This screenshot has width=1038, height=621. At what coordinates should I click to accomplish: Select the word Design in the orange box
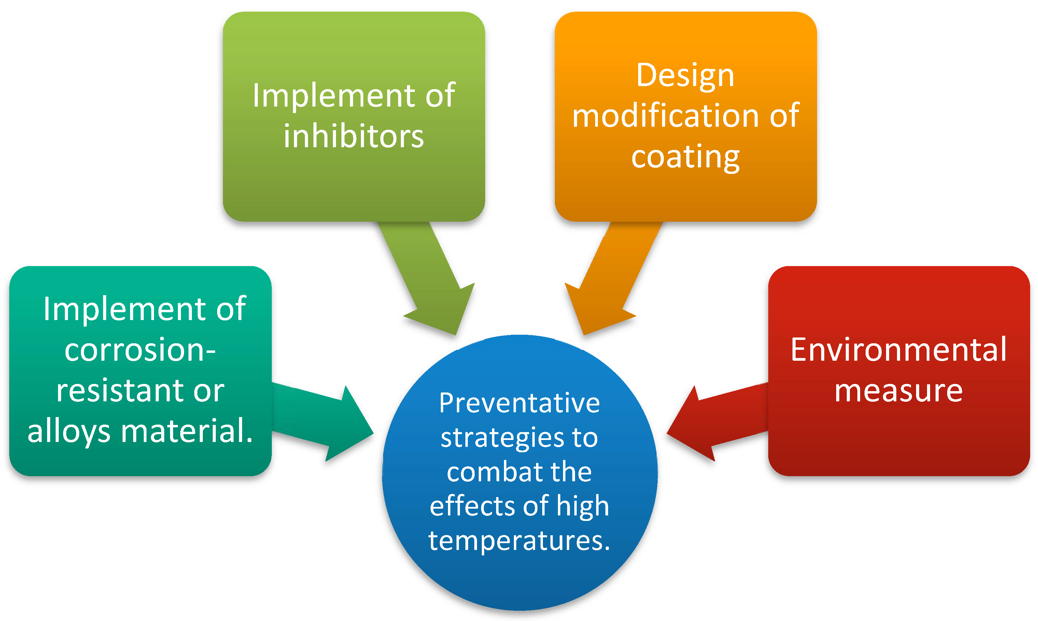click(685, 76)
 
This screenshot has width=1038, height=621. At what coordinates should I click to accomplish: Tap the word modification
click(665, 116)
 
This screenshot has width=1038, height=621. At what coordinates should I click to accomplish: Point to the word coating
click(685, 158)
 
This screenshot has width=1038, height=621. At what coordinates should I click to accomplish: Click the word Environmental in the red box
click(898, 350)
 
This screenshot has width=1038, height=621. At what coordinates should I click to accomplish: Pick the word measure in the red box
click(898, 391)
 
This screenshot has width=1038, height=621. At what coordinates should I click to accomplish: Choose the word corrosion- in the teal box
click(140, 350)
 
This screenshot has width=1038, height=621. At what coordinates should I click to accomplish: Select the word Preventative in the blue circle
click(519, 403)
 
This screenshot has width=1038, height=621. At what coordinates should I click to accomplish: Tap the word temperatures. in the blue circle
click(519, 541)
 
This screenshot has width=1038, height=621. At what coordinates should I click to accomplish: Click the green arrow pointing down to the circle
click(431, 285)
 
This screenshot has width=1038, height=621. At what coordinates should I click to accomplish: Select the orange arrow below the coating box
click(606, 285)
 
